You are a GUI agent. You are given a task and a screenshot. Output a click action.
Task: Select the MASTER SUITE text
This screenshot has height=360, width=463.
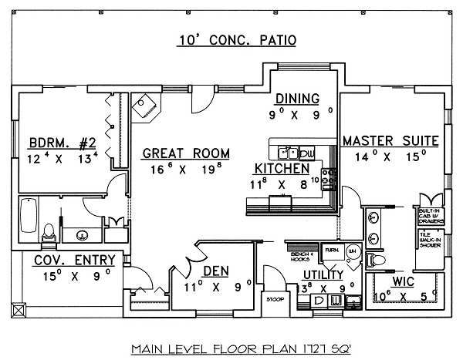point(390,142)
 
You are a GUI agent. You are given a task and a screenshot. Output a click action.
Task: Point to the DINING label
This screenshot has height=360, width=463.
point(297,98)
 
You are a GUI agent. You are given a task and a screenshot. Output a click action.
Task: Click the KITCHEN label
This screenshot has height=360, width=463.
point(282,168)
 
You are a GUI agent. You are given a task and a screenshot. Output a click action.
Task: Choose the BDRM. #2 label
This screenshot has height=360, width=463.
point(62,143)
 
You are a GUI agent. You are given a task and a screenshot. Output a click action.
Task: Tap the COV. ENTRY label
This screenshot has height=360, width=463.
point(74,260)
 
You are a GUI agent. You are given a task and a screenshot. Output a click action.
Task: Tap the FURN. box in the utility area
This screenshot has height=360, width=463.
point(332,251)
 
